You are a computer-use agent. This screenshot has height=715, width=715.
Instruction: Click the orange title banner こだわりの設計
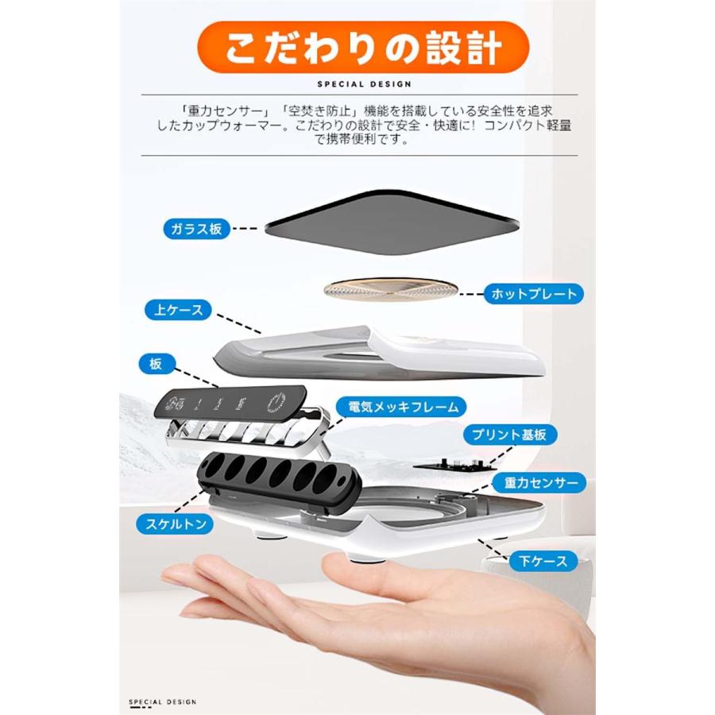363,48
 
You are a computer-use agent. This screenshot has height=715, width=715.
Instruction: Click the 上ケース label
179,310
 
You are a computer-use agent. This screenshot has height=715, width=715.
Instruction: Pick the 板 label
155,364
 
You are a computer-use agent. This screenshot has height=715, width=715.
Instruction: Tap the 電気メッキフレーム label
398,408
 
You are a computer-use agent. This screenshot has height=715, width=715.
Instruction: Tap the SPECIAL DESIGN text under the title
364,83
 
